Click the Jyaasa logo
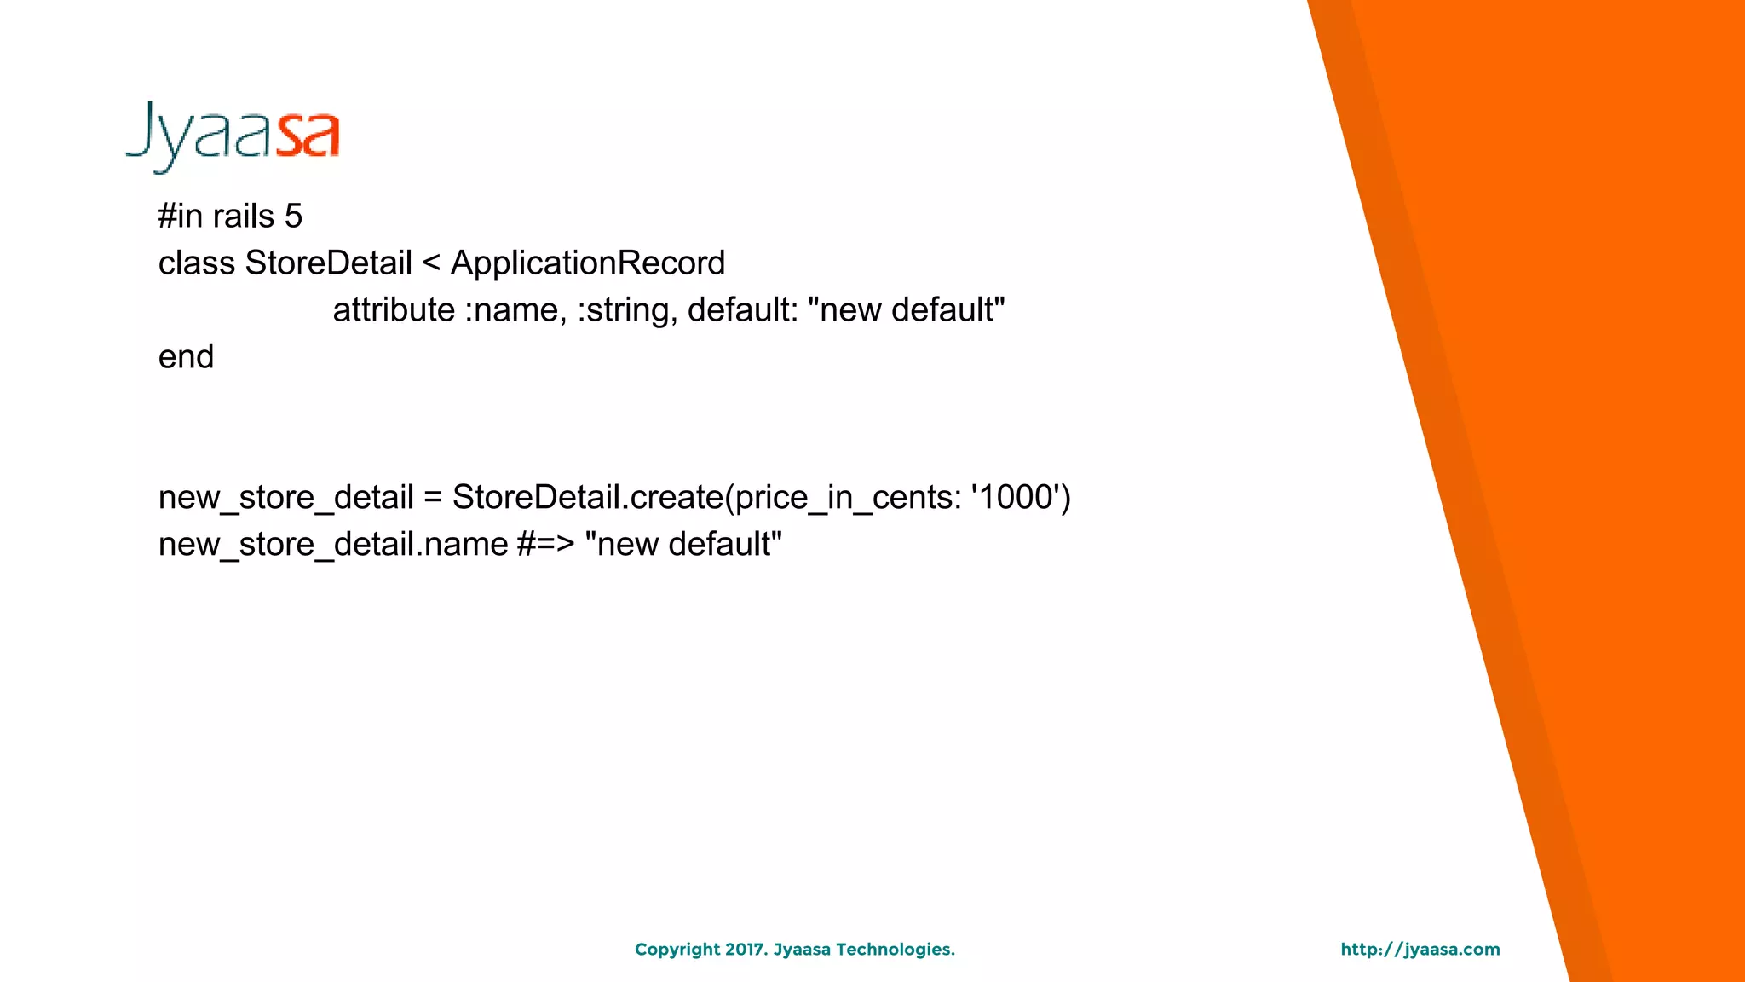[233, 136]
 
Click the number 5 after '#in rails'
[293, 217]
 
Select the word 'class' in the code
[196, 263]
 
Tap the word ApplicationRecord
[587, 263]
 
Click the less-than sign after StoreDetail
[431, 263]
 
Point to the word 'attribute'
[394, 310]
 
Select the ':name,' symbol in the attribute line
[515, 310]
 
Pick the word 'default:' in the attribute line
[742, 310]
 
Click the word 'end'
[186, 357]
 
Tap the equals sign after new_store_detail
[433, 498]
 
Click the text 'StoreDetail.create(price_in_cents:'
[706, 498]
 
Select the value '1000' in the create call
[1019, 498]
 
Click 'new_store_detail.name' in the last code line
[333, 545]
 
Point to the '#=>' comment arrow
[545, 545]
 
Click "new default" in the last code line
[683, 545]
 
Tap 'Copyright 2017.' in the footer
[701, 950]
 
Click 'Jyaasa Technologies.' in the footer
[864, 950]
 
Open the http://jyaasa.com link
[1420, 950]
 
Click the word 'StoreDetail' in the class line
[328, 263]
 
